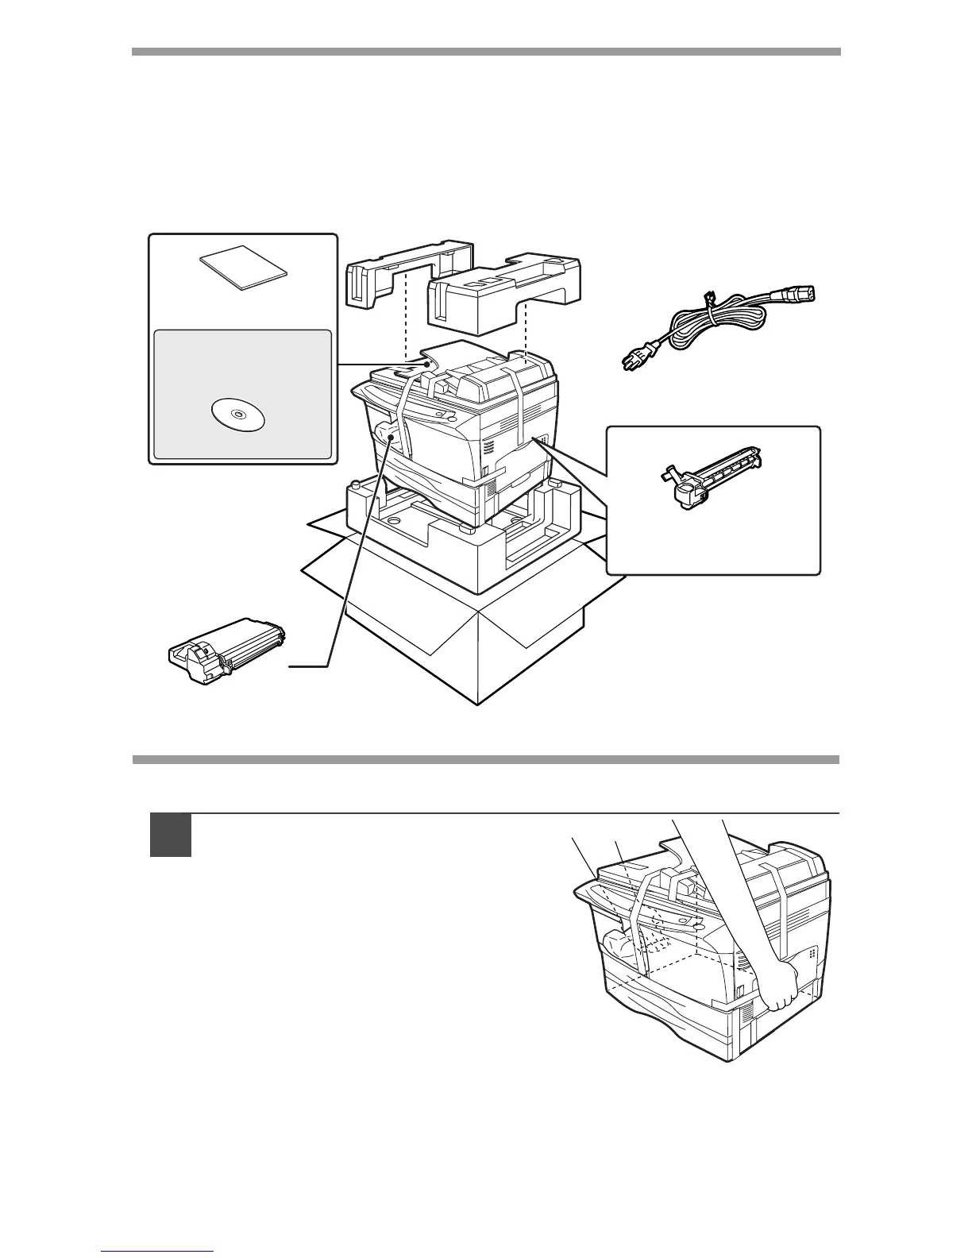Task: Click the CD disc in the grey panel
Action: (x=238, y=415)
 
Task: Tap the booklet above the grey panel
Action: (x=244, y=267)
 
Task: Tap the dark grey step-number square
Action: (x=171, y=835)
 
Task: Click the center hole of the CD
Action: (x=238, y=415)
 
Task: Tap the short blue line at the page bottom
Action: (x=158, y=1252)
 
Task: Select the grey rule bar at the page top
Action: (x=485, y=52)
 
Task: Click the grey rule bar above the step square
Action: (x=485, y=759)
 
